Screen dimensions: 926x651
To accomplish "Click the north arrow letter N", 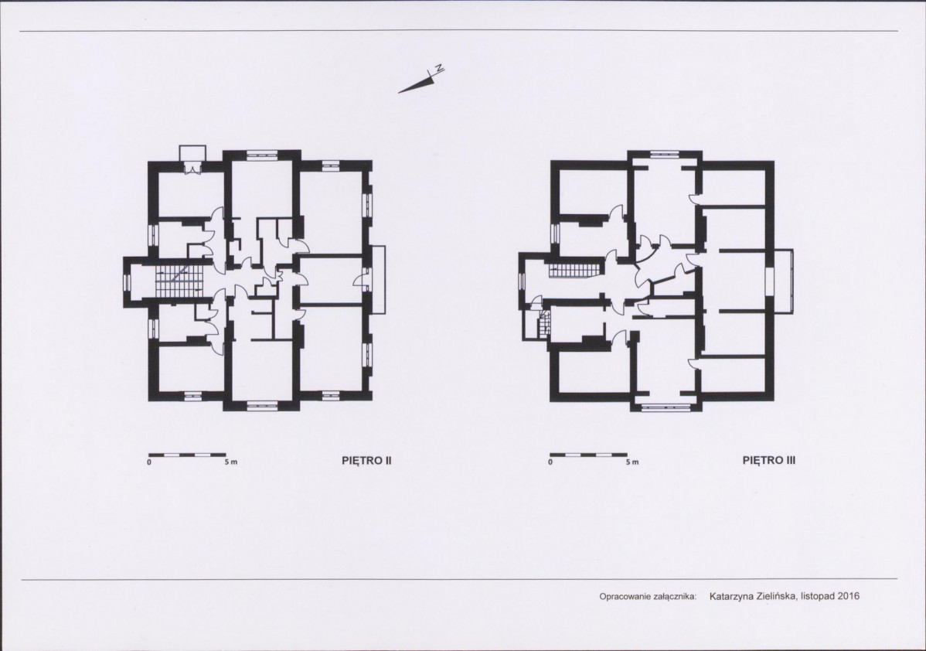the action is pyautogui.click(x=439, y=68).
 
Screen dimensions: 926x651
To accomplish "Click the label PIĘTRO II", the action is pyautogui.click(x=366, y=461).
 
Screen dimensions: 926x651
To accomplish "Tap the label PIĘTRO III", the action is pyautogui.click(x=768, y=461).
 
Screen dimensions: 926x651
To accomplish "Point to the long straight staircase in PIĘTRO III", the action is pyautogui.click(x=574, y=271).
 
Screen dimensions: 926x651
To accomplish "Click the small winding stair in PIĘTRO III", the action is pyautogui.click(x=543, y=325).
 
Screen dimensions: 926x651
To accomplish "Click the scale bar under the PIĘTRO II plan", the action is pyautogui.click(x=179, y=455).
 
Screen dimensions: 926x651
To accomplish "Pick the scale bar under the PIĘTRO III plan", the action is pyautogui.click(x=588, y=455).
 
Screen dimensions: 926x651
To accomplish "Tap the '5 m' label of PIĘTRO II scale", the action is pyautogui.click(x=230, y=462).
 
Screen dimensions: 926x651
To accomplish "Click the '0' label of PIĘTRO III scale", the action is pyautogui.click(x=550, y=462).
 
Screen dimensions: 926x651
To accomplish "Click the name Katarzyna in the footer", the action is pyautogui.click(x=730, y=596).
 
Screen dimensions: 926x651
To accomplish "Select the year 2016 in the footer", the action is pyautogui.click(x=849, y=596).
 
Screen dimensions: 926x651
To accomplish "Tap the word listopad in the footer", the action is pyautogui.click(x=819, y=596).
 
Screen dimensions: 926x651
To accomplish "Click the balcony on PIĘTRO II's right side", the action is pyautogui.click(x=379, y=280).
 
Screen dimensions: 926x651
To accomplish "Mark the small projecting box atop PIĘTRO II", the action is pyautogui.click(x=192, y=155).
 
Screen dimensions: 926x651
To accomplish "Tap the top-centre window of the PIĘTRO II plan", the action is pyautogui.click(x=262, y=155).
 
